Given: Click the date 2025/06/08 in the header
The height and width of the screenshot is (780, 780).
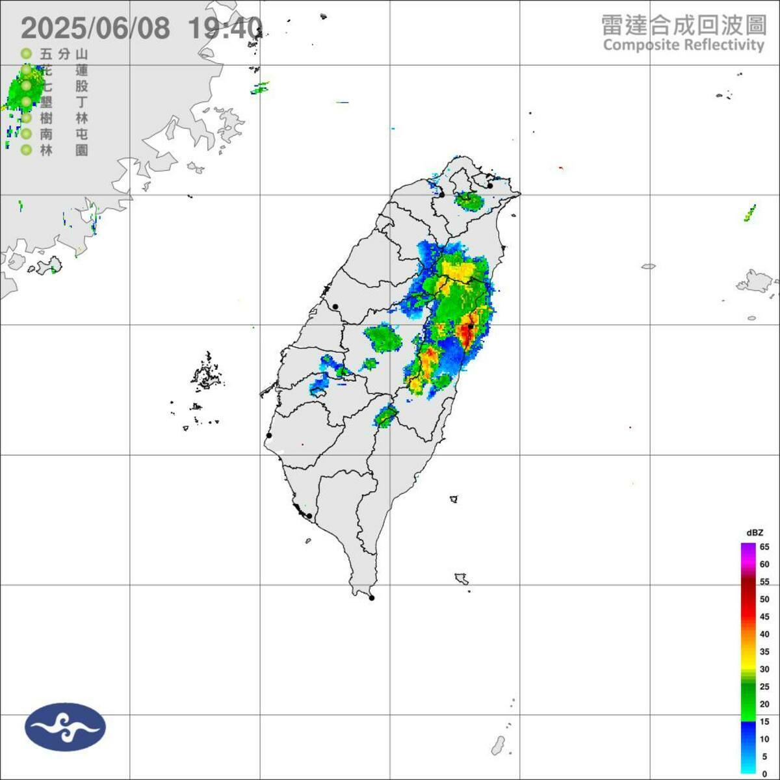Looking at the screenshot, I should [x=96, y=29].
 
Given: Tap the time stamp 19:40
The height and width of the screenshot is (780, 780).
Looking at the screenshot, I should [x=225, y=29].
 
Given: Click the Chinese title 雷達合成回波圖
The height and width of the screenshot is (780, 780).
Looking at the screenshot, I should [x=682, y=26].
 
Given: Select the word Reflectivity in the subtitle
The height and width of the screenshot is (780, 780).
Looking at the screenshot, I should [x=723, y=45].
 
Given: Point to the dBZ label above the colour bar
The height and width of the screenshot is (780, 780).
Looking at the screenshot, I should [x=755, y=533].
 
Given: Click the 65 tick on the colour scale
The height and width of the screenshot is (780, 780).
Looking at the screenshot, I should [x=764, y=547].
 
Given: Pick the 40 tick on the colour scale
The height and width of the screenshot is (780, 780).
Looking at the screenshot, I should [x=764, y=634].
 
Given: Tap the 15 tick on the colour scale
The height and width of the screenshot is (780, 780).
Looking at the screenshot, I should [x=764, y=721].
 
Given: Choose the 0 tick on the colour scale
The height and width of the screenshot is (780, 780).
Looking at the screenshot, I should [x=764, y=774].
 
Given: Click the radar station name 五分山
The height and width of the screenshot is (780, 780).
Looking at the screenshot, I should [x=64, y=54].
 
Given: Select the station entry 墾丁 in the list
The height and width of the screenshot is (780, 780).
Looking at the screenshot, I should [x=64, y=102].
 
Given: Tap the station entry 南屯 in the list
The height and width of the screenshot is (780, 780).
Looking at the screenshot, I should [x=64, y=135].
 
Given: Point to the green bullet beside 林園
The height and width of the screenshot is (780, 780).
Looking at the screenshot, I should [x=26, y=150].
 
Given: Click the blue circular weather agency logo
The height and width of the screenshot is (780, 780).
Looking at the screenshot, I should [x=65, y=727].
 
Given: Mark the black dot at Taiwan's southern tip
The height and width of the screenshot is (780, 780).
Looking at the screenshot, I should [x=372, y=598].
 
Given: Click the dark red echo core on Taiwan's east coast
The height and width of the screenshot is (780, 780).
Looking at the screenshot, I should [x=466, y=333].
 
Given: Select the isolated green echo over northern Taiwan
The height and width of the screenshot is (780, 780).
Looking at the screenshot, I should [x=469, y=200].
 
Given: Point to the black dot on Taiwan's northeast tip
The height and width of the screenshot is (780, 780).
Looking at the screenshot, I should [x=490, y=185].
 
